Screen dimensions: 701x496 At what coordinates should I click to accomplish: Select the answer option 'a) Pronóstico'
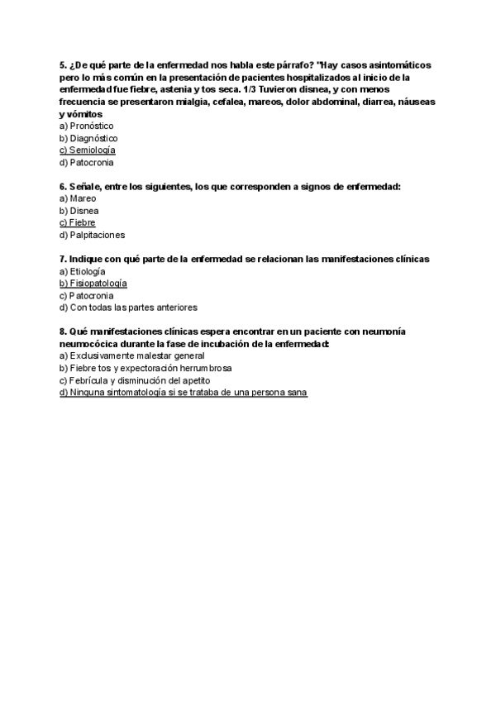(x=87, y=126)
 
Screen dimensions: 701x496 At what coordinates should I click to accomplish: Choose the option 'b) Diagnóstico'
(x=88, y=138)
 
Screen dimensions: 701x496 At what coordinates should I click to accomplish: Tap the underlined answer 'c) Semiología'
(x=88, y=150)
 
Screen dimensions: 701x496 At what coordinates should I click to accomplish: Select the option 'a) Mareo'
(x=79, y=198)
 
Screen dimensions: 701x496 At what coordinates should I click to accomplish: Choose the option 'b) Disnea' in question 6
(x=79, y=211)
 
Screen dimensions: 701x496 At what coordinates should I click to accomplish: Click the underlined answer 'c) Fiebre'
(x=78, y=222)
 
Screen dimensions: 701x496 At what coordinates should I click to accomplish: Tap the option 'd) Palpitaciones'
(x=92, y=235)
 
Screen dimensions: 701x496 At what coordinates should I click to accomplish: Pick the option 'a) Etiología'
(x=83, y=271)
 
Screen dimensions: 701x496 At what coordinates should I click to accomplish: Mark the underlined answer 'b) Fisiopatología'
(x=93, y=283)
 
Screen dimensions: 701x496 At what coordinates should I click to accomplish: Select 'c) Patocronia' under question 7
(x=87, y=295)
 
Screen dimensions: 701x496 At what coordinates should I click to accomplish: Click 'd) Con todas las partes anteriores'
(x=128, y=308)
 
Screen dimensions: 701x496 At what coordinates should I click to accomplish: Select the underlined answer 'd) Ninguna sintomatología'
(x=184, y=393)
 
